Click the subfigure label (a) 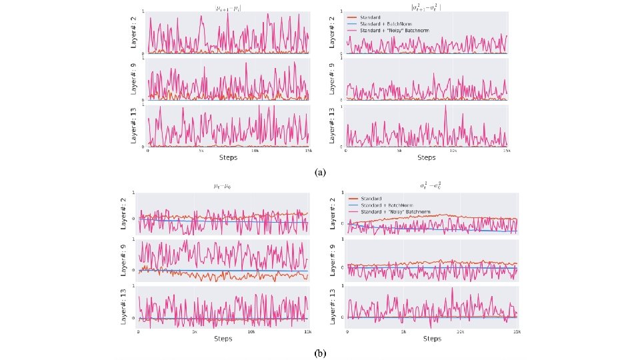pos(320,171)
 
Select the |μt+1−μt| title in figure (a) pos(227,7)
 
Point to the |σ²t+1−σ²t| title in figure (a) pos(425,7)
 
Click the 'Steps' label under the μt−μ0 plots pos(223,339)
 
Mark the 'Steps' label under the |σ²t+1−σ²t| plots pos(426,158)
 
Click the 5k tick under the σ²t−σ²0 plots pos(403,332)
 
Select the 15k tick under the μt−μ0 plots pos(307,332)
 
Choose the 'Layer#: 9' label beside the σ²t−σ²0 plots pos(333,261)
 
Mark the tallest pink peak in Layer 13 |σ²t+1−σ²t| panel pos(445,106)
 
